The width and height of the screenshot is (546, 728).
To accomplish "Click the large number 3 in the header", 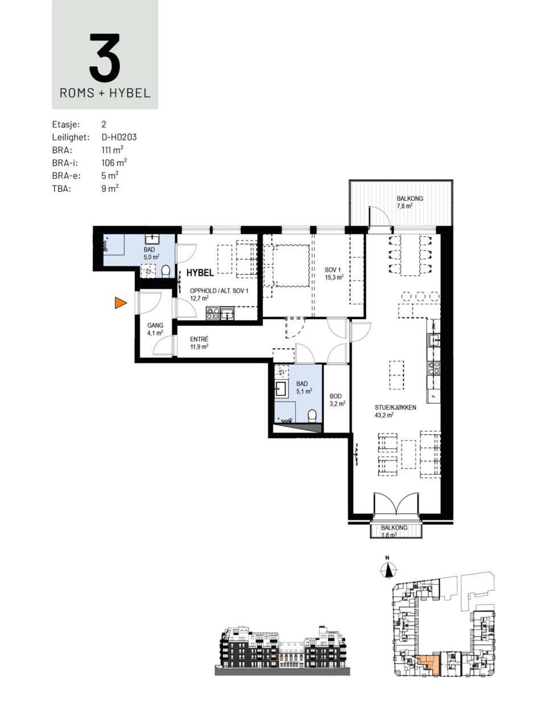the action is click(105, 57).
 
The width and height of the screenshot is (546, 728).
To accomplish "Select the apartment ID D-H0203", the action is click(119, 137).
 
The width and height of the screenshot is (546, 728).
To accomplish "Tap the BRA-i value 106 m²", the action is click(114, 162).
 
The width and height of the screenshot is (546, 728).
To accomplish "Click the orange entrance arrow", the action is click(121, 303).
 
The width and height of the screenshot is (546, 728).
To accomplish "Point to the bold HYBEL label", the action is click(200, 272).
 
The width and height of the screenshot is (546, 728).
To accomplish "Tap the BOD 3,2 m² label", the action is click(337, 400).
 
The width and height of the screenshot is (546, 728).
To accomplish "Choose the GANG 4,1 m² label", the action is click(155, 329).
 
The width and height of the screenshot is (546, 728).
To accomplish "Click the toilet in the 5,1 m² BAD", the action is click(312, 416).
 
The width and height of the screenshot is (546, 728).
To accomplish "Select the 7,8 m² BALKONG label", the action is click(409, 202).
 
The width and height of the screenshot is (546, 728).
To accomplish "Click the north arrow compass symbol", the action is click(387, 569).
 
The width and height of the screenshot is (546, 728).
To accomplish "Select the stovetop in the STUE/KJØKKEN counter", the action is click(433, 368).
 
